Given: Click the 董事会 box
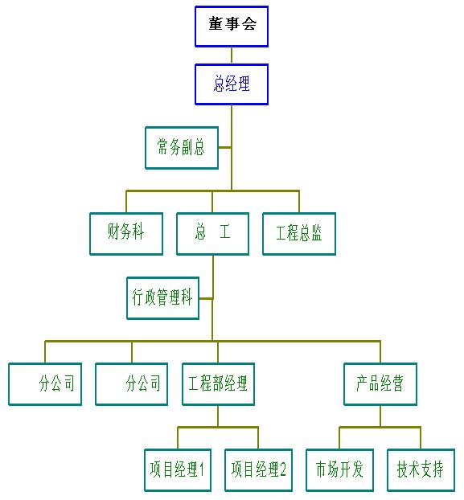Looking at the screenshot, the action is [232, 27].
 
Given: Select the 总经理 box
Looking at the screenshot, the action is [232, 84].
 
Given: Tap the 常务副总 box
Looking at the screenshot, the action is [182, 148].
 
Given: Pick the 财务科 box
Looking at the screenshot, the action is [126, 234].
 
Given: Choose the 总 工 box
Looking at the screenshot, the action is [213, 234].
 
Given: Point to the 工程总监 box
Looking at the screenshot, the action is [299, 234].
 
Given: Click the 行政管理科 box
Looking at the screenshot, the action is [163, 298].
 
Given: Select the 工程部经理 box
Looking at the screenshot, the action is [218, 384].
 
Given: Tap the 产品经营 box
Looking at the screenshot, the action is [380, 384].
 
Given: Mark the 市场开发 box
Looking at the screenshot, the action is [339, 470].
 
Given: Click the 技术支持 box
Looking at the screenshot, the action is [421, 470].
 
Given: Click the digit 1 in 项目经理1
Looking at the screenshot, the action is [201, 469].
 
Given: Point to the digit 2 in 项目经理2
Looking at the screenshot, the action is [282, 469].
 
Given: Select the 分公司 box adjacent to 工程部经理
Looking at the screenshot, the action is [131, 384].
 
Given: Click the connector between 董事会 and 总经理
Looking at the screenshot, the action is [232, 55].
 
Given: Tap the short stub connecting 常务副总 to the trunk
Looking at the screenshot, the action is [225, 147].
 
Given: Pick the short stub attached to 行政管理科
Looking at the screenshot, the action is [206, 298].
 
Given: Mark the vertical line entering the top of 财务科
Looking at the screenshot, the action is [126, 202].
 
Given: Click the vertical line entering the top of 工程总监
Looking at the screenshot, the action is [299, 202].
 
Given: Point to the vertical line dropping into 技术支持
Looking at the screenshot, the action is [421, 438].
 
